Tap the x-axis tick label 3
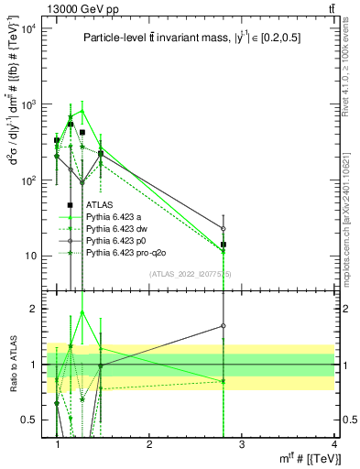click(242, 444)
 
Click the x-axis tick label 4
click(333, 444)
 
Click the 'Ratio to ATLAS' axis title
click(13, 365)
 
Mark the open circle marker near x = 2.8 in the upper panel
click(223, 228)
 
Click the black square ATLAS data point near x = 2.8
click(223, 245)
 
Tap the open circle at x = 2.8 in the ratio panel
click(223, 325)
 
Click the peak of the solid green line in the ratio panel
click(82, 311)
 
